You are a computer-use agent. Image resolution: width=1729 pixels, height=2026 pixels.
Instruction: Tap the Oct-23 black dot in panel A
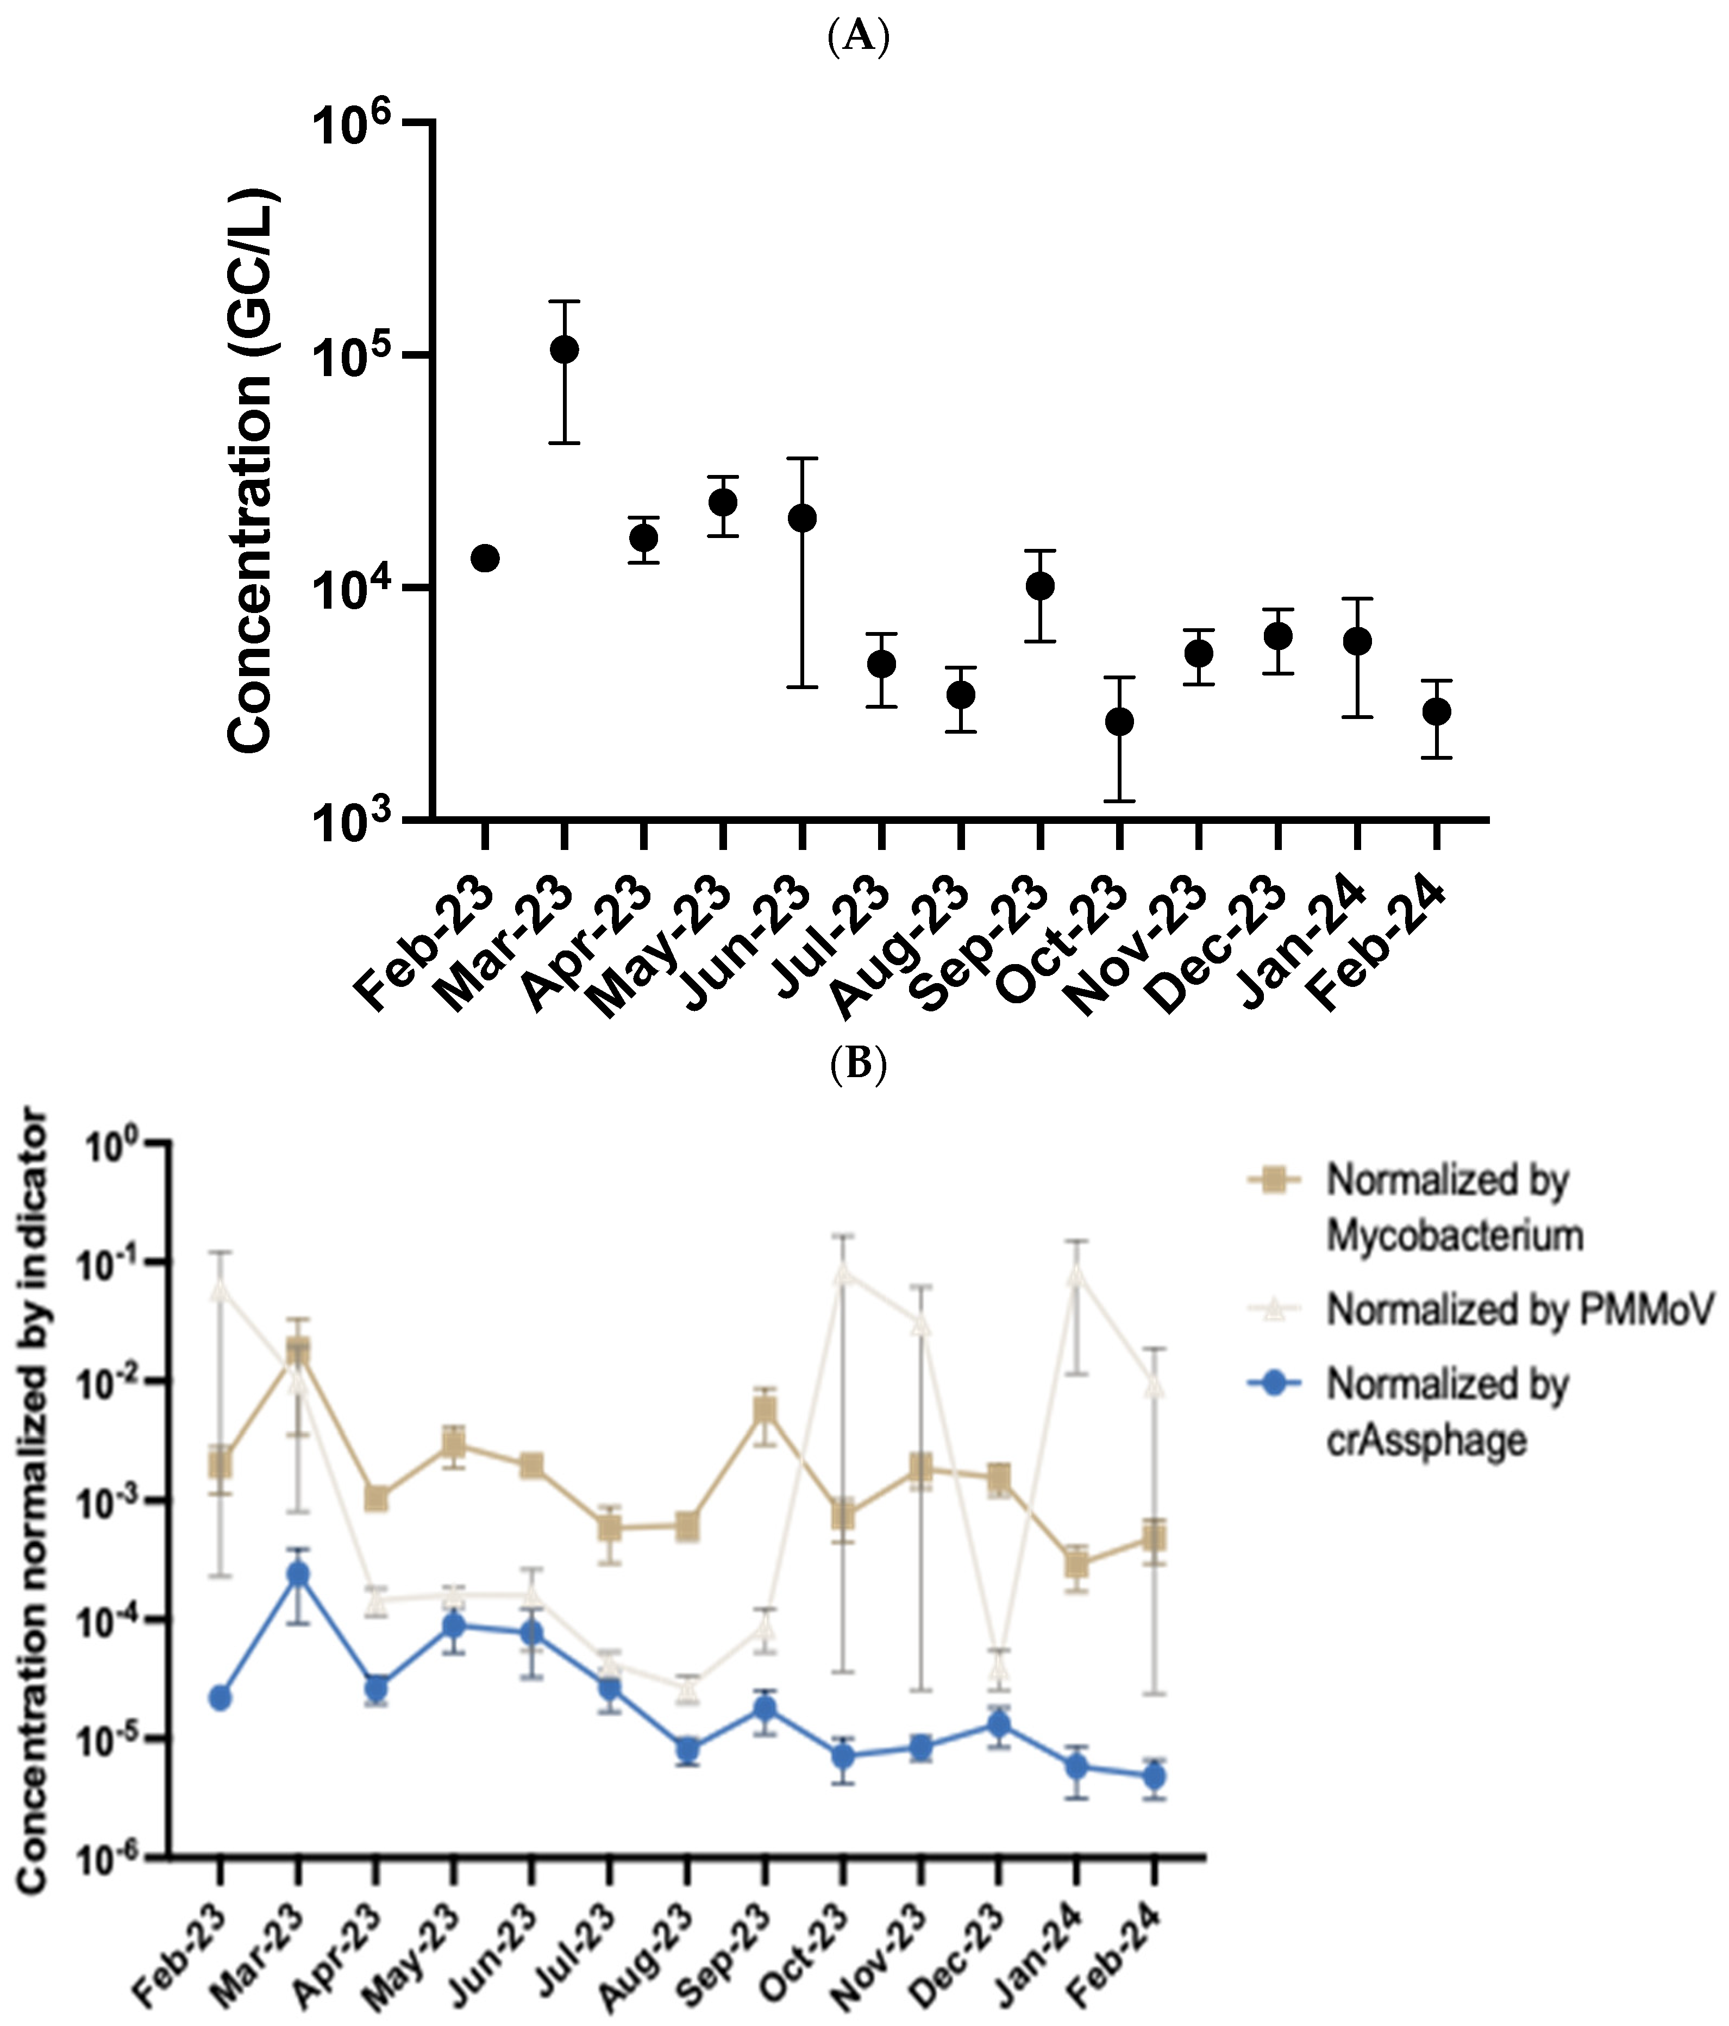point(1119,722)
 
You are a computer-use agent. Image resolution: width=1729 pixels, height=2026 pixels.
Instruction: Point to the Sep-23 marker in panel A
point(1040,586)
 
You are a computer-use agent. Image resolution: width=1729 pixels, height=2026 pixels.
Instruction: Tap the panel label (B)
point(857,1065)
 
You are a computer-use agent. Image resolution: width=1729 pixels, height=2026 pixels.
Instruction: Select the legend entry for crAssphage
point(1446,1412)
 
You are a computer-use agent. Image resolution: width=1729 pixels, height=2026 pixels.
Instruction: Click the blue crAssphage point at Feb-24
point(1154,1775)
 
